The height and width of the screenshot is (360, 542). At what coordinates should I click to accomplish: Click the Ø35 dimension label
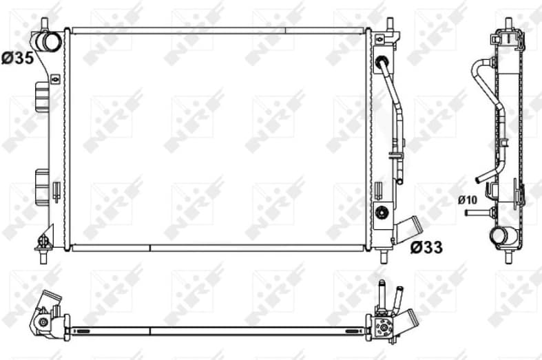tap(17, 59)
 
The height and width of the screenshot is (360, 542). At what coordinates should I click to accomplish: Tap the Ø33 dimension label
tap(426, 246)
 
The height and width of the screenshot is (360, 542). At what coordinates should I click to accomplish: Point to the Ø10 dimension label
tap(467, 200)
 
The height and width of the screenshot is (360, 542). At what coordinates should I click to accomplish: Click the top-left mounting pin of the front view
tap(45, 25)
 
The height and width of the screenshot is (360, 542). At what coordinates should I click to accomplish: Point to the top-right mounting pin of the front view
tap(390, 25)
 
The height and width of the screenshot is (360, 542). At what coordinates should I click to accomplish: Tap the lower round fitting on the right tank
tap(381, 211)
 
